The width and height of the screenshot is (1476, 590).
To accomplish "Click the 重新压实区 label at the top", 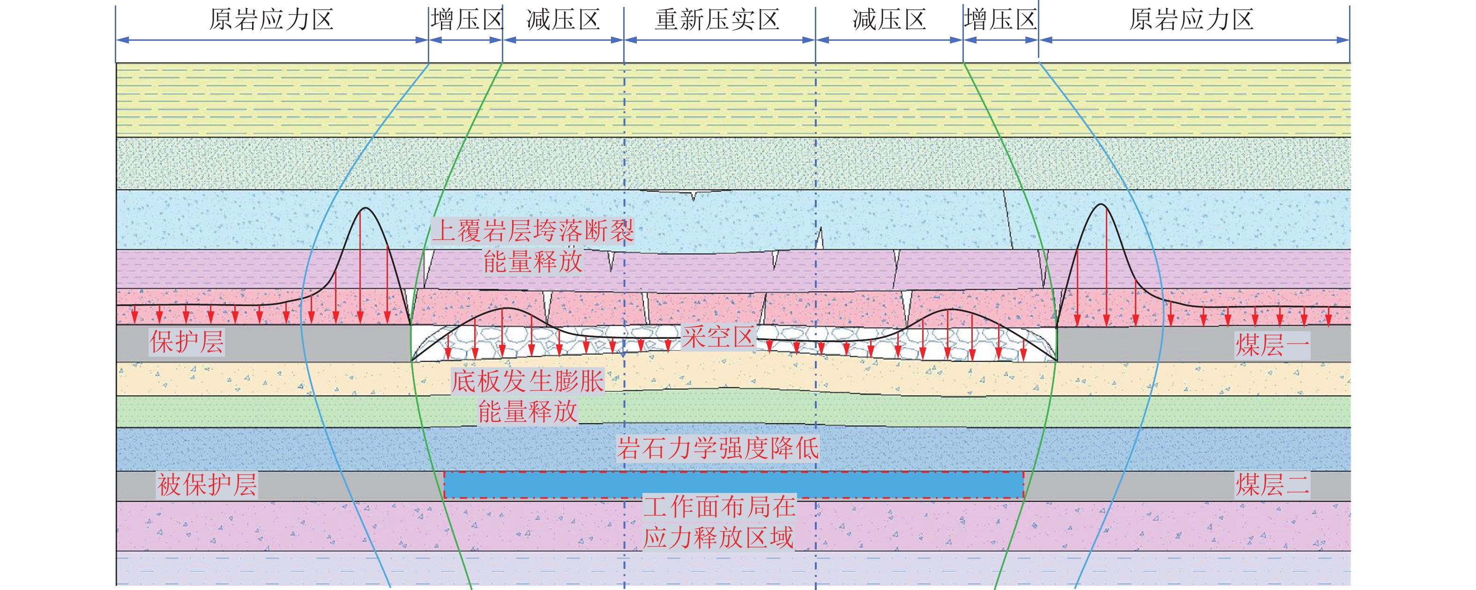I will coord(717,20).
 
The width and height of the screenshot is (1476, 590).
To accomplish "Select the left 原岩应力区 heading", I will coord(271,20).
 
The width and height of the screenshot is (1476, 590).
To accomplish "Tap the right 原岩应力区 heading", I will coord(1191,20).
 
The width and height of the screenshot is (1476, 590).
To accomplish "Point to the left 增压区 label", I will coord(466,20).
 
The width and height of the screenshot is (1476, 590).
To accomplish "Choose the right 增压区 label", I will coord(1000,20).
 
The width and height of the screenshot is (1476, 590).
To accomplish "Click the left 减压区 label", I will coord(563,20).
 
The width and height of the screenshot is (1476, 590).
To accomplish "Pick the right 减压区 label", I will coord(889,20).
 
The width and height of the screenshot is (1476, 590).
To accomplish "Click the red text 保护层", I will coord(187,342).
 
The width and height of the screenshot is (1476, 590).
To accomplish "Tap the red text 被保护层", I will coord(207,485).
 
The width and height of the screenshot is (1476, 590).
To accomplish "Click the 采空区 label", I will coord(717,337).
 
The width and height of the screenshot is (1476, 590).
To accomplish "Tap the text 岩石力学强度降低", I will coord(717,448).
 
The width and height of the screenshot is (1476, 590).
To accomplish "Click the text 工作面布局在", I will coord(719,507).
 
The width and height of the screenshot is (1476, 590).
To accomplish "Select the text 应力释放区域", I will coord(718,538).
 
